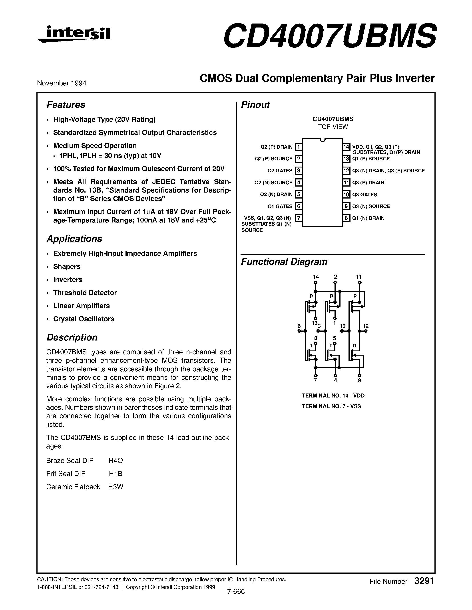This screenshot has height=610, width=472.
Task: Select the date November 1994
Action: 62,83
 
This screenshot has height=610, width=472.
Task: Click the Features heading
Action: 66,105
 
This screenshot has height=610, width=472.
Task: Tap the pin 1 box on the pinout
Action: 299,147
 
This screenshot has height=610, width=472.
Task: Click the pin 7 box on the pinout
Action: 299,218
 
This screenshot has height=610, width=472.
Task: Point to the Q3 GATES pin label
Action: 365,194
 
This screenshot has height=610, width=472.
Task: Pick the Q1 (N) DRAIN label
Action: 368,218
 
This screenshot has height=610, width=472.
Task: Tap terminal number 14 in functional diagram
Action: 316,277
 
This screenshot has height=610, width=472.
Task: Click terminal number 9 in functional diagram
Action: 360,380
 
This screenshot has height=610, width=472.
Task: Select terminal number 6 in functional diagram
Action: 299,326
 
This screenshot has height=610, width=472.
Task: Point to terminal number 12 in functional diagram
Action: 366,326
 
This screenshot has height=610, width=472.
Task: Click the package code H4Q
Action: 116,460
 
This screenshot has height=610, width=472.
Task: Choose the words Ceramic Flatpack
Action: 73,487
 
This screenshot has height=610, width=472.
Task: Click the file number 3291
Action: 424,581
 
